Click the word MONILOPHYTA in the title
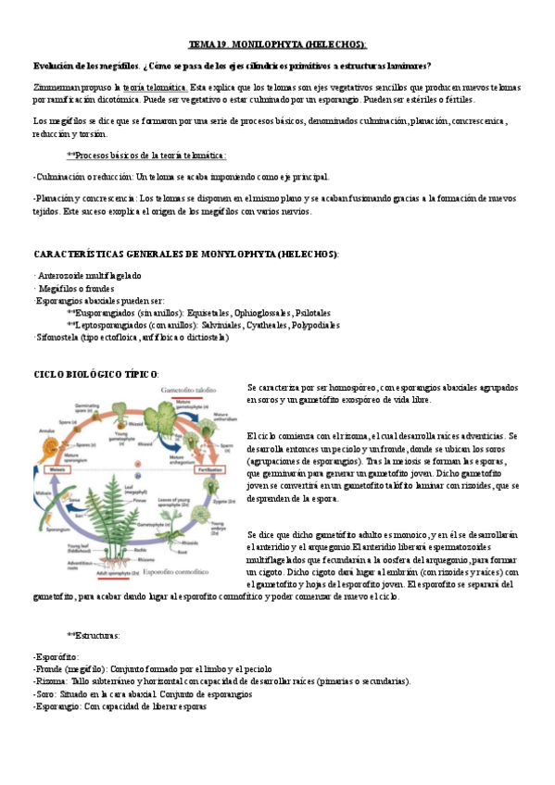(267, 44)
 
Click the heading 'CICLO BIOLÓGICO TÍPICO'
(95, 374)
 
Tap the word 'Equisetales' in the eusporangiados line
(208, 313)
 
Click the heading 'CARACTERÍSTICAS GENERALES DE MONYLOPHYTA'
(185, 254)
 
